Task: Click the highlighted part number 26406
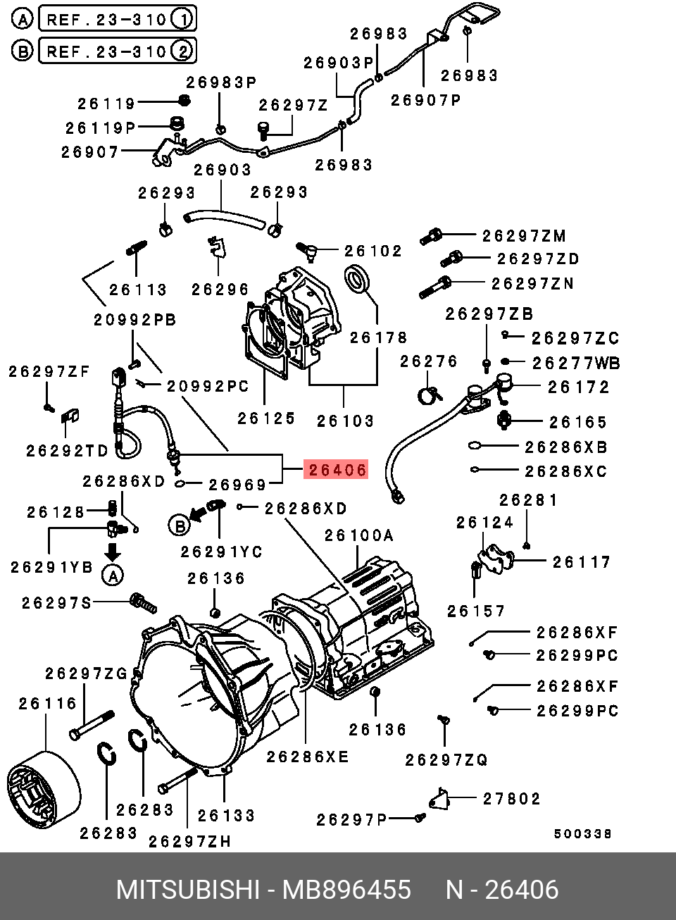point(336,470)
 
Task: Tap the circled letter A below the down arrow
point(113,576)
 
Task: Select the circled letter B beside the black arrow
point(180,525)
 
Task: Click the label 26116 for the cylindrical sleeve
point(48,704)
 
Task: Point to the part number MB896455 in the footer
point(346,890)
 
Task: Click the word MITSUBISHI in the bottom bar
point(188,890)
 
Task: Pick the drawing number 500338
point(582,834)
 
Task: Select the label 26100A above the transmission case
point(359,536)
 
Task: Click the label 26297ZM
point(525,236)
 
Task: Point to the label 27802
point(512,799)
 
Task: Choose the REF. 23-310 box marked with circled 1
point(117,19)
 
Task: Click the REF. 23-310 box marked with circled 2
point(117,51)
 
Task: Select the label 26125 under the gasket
point(266,418)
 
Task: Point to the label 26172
point(579,387)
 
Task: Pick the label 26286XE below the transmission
point(308,757)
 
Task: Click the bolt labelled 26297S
point(143,603)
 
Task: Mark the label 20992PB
point(135,321)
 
